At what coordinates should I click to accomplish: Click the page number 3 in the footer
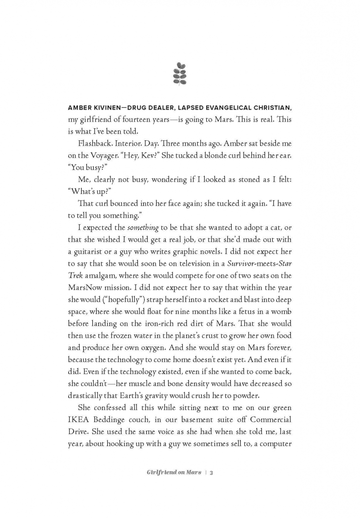click(211, 472)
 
